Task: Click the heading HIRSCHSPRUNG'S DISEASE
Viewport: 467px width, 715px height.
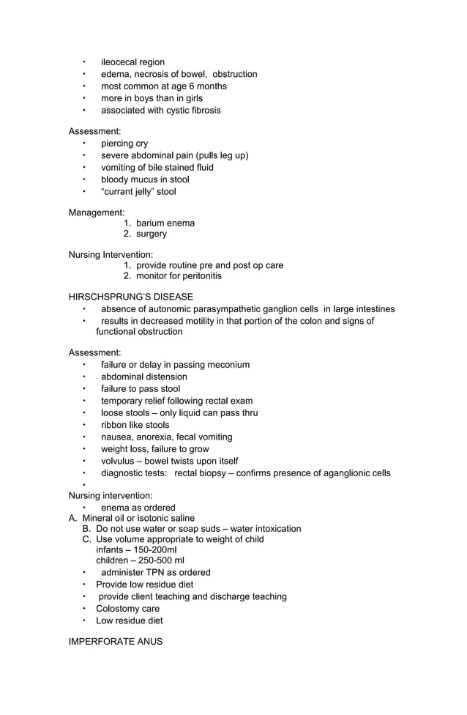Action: point(131,297)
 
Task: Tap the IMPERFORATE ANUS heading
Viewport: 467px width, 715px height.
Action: point(115,642)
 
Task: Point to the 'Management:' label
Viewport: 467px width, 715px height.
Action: point(97,212)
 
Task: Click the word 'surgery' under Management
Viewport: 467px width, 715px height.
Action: point(152,234)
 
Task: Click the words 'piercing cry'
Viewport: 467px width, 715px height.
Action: point(124,144)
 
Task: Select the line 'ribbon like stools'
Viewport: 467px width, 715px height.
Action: point(135,425)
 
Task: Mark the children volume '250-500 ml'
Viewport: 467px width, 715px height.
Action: point(160,560)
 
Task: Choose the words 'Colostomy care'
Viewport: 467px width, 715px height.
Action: point(127,609)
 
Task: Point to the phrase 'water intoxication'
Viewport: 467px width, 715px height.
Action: point(266,529)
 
